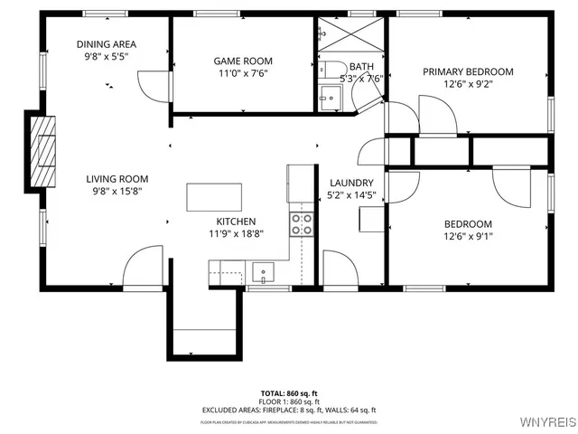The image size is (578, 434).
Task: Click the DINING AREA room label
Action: coord(106,44)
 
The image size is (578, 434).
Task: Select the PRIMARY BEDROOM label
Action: coord(468,71)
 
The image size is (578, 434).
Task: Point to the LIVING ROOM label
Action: coord(117,179)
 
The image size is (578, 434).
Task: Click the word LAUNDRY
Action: coord(345,183)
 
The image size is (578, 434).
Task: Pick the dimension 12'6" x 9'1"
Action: coord(468,237)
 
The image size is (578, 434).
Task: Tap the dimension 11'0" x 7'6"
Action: coord(241,73)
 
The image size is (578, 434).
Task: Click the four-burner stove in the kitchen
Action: coord(301,223)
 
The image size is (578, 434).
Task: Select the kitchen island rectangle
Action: coord(214,197)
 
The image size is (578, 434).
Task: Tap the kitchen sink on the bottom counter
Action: coord(264,270)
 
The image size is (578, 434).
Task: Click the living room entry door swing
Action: coord(142,267)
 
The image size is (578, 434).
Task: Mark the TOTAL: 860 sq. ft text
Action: coord(288,394)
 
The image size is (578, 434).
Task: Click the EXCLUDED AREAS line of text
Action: coord(288,410)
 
